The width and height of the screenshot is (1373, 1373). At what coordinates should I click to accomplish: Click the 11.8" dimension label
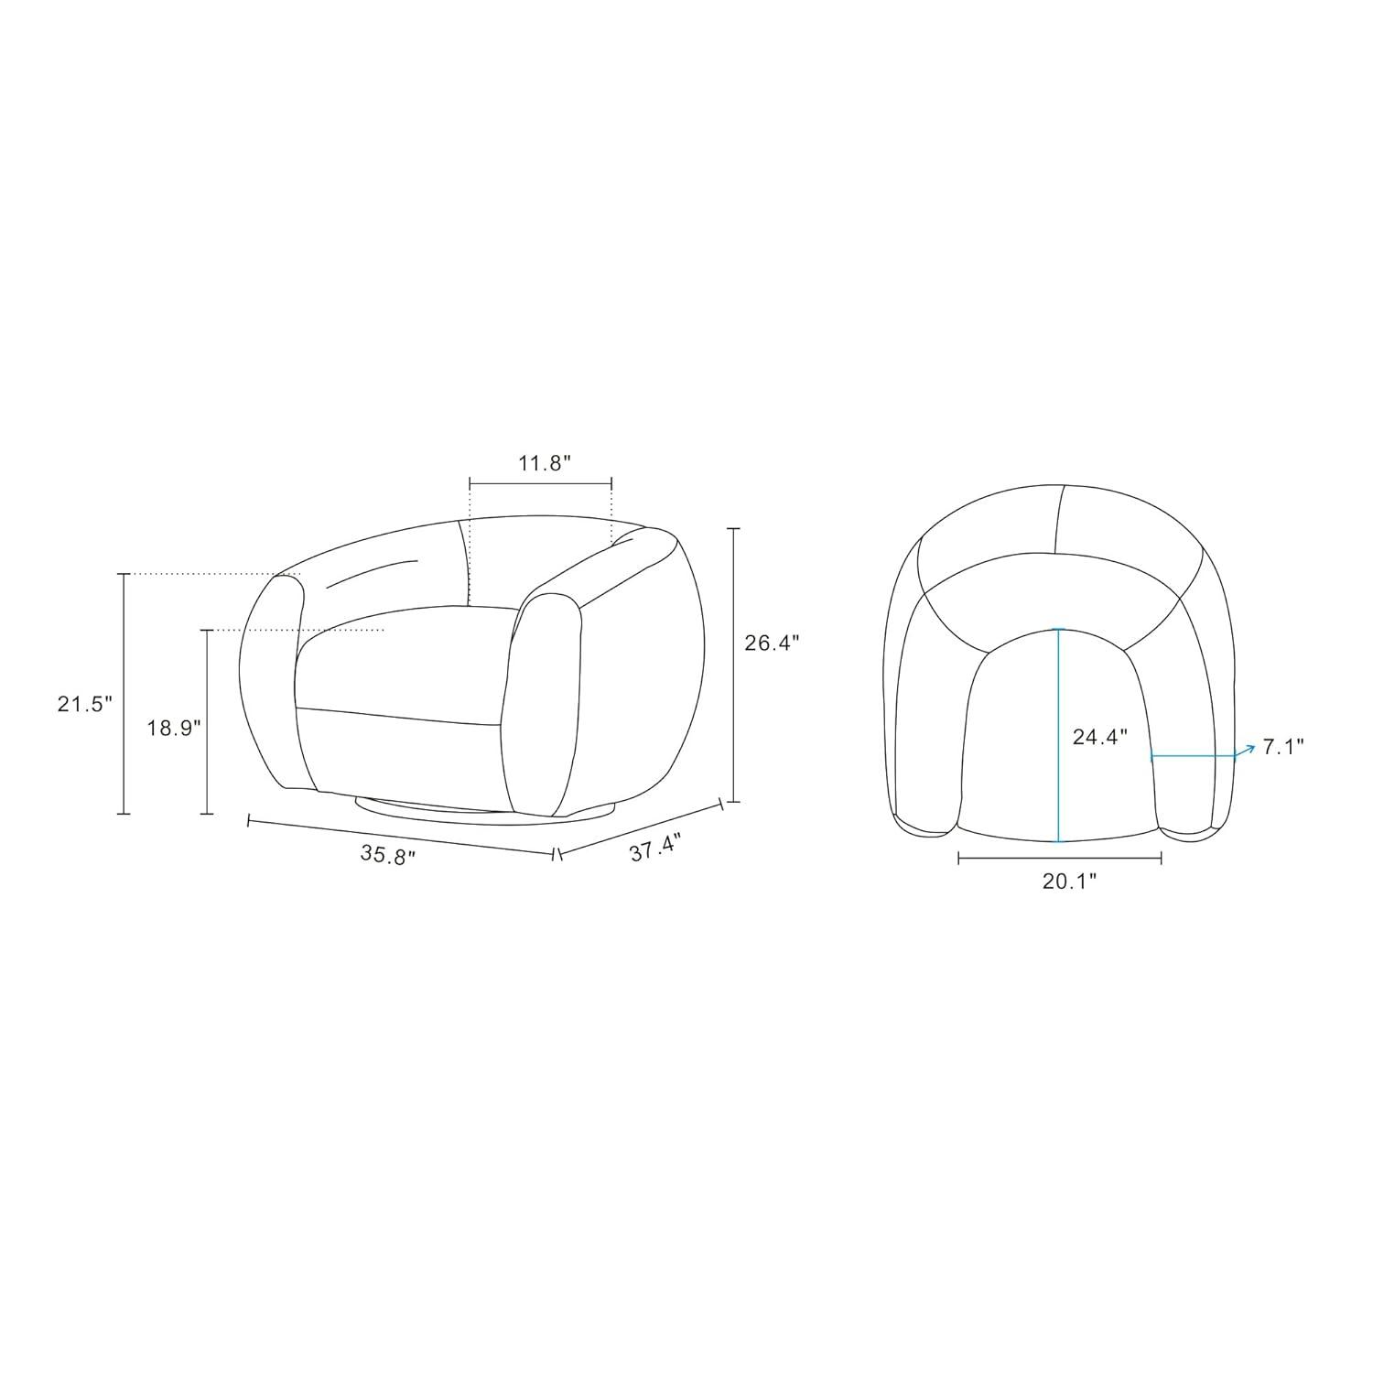(x=545, y=463)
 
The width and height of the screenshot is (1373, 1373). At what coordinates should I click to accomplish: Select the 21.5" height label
(x=84, y=704)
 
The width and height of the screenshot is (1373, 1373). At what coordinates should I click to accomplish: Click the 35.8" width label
(x=388, y=855)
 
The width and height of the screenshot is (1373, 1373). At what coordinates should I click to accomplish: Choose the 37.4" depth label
(x=655, y=848)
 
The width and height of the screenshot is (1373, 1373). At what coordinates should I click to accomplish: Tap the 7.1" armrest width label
(x=1283, y=747)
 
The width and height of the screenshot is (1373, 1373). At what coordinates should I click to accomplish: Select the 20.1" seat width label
(x=1069, y=881)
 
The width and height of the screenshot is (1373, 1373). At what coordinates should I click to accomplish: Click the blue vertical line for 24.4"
(x=1059, y=735)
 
